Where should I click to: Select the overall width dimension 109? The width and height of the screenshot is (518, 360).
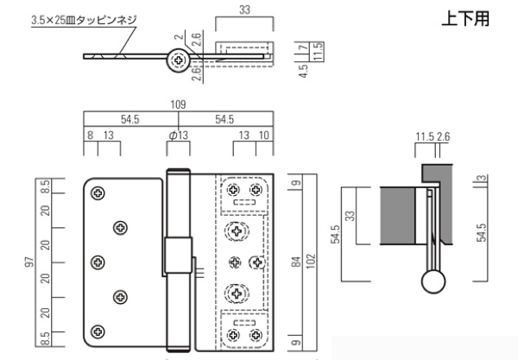tap(179, 104)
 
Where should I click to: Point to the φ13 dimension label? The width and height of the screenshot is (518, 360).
tap(179, 136)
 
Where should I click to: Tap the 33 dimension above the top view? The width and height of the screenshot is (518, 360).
tap(245, 12)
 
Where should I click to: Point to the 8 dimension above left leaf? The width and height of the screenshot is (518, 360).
tap(90, 136)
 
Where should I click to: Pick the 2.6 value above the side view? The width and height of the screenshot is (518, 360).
tap(444, 136)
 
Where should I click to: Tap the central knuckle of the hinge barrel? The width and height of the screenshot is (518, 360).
tap(174, 257)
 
